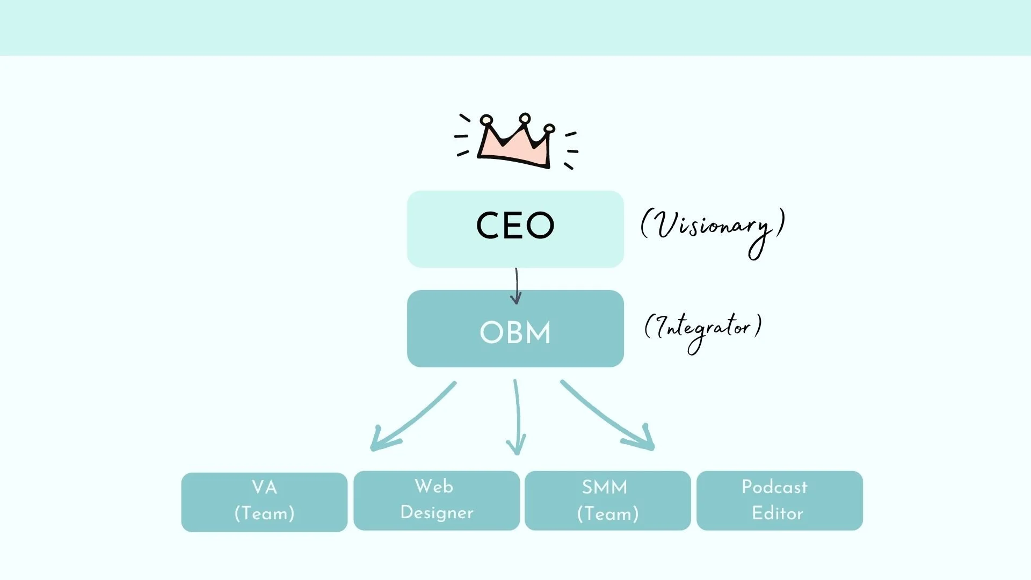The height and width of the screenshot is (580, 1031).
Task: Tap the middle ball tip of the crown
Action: (525, 118)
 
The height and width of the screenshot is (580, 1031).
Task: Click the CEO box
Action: (515, 229)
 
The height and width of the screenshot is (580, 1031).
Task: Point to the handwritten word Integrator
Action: (703, 329)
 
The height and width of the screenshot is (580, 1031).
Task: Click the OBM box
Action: (515, 329)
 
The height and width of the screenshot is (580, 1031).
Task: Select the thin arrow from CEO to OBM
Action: (516, 286)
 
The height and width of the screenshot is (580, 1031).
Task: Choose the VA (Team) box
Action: (264, 502)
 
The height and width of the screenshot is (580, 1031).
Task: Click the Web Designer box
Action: (436, 500)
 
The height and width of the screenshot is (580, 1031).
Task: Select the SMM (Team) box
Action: (607, 500)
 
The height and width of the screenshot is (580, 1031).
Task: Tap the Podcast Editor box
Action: (779, 500)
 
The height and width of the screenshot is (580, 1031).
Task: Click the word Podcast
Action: (774, 487)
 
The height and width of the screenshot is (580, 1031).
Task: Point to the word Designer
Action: (437, 513)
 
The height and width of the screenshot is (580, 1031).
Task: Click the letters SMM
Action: (605, 487)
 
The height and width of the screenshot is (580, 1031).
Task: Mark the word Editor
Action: (777, 513)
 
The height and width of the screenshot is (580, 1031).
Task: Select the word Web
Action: (434, 487)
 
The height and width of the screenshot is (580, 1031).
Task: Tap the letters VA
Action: (264, 488)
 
